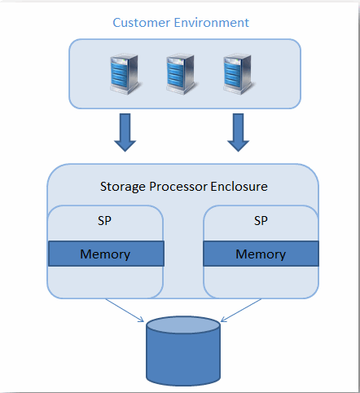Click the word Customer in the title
pyautogui.click(x=142, y=23)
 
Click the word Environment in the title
pyautogui.click(x=212, y=23)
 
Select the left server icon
pyautogui.click(x=125, y=74)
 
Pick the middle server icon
pyautogui.click(x=182, y=74)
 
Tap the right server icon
pyautogui.click(x=239, y=74)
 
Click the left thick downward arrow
pyautogui.click(x=125, y=132)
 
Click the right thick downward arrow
pyautogui.click(x=238, y=132)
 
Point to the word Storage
pyautogui.click(x=123, y=188)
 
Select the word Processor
pyautogui.click(x=178, y=187)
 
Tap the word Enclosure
pyautogui.click(x=239, y=187)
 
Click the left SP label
pyautogui.click(x=104, y=221)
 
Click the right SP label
pyautogui.click(x=261, y=221)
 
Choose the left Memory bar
pyautogui.click(x=106, y=254)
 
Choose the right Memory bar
pyautogui.click(x=261, y=254)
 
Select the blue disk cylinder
pyautogui.click(x=183, y=351)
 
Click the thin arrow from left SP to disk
pyautogui.click(x=125, y=311)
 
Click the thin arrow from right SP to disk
pyautogui.click(x=241, y=311)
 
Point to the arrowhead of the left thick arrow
pyautogui.click(x=125, y=146)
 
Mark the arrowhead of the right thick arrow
pyautogui.click(x=238, y=146)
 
